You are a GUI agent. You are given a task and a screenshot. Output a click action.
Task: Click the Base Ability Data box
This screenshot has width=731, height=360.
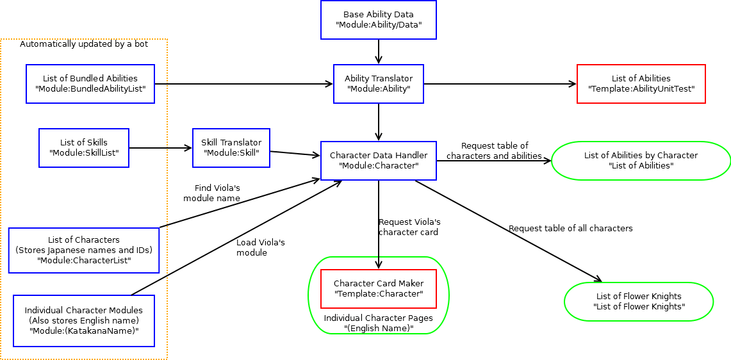point(378,20)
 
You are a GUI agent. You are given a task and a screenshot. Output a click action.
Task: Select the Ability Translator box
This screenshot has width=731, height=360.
point(378,84)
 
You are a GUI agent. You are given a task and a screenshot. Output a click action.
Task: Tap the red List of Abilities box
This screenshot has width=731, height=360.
point(641,84)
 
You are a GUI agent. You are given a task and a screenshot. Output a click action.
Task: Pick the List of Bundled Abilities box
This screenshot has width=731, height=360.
point(90,84)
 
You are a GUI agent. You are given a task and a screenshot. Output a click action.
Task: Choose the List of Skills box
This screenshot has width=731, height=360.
point(84,148)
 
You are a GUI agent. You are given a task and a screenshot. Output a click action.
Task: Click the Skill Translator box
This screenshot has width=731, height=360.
point(231,148)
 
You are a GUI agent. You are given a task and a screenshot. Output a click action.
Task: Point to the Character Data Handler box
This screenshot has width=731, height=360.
point(378,161)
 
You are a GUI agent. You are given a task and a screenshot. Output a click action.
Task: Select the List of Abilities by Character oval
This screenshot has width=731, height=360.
point(641,161)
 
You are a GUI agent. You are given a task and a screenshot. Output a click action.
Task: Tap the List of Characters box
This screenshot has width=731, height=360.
point(84,250)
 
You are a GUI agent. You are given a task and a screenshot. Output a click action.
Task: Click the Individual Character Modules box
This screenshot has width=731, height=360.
point(84,320)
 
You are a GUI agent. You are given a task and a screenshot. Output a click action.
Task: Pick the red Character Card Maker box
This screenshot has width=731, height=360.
point(378,289)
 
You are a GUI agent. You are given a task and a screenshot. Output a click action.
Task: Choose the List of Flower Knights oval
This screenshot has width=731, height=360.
point(638,302)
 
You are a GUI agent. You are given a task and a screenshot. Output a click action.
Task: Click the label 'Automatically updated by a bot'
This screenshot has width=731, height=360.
point(84,44)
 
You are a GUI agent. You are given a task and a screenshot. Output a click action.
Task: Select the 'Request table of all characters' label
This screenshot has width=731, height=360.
point(570,229)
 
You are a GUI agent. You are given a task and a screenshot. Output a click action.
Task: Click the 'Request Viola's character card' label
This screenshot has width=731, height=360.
point(409,227)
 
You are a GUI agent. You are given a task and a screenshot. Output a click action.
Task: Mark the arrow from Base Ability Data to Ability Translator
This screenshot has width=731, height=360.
point(379,51)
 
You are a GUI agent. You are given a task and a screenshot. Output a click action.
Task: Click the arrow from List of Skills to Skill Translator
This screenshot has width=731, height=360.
point(160,148)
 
